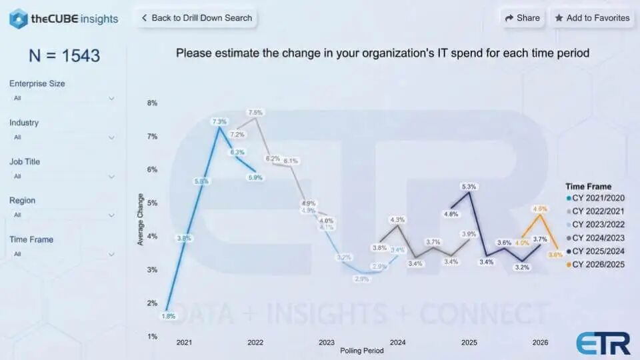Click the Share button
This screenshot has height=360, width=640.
click(x=523, y=18)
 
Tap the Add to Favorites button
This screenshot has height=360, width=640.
click(x=592, y=18)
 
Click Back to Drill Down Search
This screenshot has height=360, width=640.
click(x=196, y=18)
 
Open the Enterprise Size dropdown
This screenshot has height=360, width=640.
click(x=63, y=98)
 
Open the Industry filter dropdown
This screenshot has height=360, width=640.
click(x=63, y=137)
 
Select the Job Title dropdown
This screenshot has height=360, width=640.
click(x=63, y=176)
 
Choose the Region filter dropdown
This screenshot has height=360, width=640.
click(x=63, y=215)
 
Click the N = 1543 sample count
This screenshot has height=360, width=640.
click(x=64, y=56)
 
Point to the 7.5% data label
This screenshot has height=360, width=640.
click(x=255, y=113)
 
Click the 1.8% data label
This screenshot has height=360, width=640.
click(x=169, y=316)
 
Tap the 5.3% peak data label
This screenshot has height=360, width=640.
click(x=468, y=187)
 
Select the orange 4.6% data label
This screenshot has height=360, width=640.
click(x=540, y=209)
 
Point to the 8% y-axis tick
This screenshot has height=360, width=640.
click(x=152, y=103)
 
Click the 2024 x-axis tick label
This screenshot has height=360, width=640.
click(x=397, y=342)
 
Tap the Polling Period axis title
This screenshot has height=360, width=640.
click(x=361, y=350)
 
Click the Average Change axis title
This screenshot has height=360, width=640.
click(x=141, y=219)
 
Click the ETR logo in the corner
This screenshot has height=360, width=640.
click(x=603, y=343)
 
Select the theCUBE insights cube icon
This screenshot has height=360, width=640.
click(x=18, y=19)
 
